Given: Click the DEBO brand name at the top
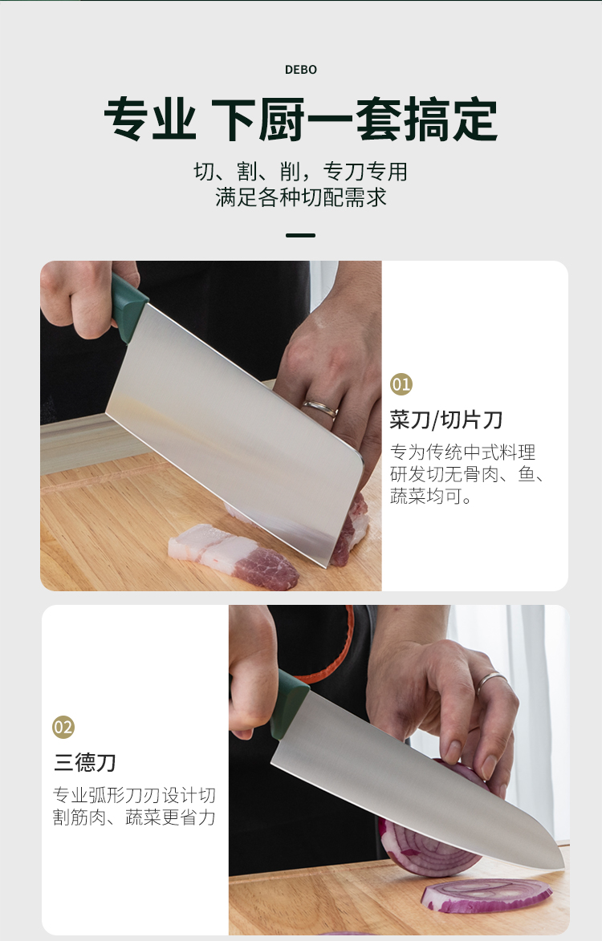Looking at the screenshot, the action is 301,70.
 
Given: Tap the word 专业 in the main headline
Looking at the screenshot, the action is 150,119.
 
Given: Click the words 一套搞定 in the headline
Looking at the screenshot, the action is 402,119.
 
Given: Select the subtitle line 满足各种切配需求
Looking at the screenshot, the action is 301,197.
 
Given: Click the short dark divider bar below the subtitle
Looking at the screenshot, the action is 301,235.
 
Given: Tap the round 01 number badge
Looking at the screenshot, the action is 401,384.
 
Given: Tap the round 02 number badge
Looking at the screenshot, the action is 63,727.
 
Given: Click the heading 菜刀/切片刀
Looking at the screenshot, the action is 446,420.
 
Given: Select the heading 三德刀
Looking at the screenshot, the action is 84,763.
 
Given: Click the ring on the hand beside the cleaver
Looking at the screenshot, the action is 320,408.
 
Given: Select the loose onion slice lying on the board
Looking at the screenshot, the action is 486,895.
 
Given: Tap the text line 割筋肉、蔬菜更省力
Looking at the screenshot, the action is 134,817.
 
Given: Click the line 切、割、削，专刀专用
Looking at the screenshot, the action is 301,172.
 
